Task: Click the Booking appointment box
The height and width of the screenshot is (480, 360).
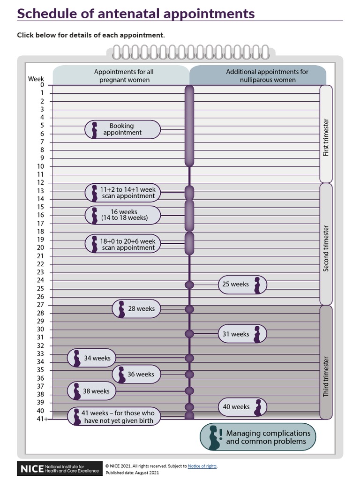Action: coord(122,129)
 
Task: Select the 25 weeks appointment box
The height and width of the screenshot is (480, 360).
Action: coord(242,285)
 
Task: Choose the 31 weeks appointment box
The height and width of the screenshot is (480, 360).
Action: coord(242,334)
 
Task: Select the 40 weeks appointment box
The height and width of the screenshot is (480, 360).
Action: coord(242,407)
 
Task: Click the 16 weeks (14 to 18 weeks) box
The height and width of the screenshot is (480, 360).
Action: coord(122,215)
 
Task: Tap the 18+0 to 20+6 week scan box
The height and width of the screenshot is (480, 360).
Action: coord(122,244)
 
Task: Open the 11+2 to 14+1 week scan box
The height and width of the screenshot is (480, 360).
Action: coord(122,193)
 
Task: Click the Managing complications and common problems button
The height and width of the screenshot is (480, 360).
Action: coord(258,437)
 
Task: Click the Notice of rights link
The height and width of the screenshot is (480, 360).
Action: coord(202,466)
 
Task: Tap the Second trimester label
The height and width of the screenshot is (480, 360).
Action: coord(326,248)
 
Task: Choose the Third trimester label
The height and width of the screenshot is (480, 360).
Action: coord(326,377)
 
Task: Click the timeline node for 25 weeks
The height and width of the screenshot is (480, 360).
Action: coord(189,285)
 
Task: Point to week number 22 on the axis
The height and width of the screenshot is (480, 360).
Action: coord(41,264)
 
